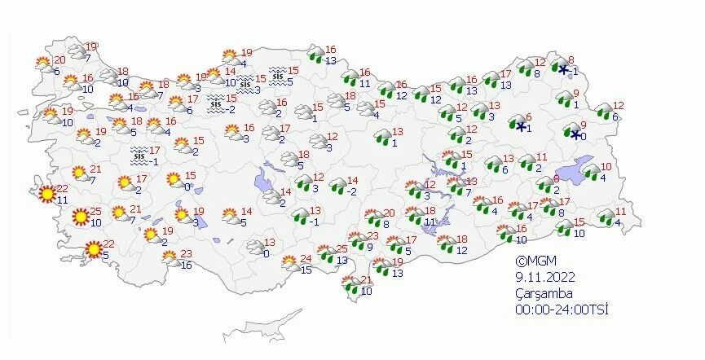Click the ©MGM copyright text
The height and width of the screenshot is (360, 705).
pyautogui.click(x=534, y=261)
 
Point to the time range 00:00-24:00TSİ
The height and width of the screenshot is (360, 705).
pyautogui.click(x=562, y=310)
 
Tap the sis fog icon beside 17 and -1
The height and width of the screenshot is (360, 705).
pyautogui.click(x=139, y=152)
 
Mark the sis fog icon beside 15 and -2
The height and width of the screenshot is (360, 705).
pyautogui.click(x=216, y=103)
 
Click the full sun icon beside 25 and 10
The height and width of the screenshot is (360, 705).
pyautogui.click(x=79, y=217)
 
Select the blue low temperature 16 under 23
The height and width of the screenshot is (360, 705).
pyautogui.click(x=187, y=266)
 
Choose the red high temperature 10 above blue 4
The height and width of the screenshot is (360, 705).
pyautogui.click(x=606, y=168)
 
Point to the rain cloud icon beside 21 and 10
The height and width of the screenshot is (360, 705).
pyautogui.click(x=351, y=285)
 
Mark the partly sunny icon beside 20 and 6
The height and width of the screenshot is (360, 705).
pyautogui.click(x=43, y=63)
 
